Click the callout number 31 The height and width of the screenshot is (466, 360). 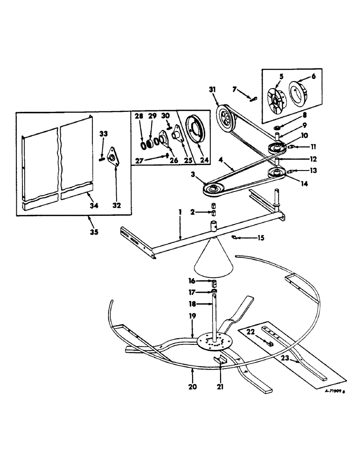click(x=213, y=89)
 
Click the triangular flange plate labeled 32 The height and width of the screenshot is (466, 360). click(x=112, y=156)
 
